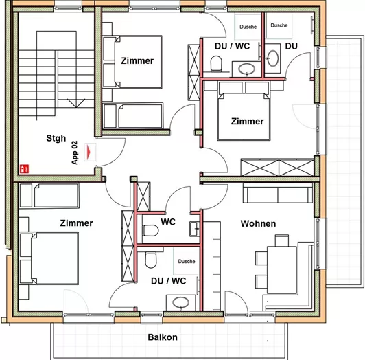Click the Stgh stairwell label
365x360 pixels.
click(56, 137)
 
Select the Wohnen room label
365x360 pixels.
click(258, 224)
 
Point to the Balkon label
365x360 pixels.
click(163, 337)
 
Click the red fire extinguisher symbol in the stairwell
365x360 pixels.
click(23, 167)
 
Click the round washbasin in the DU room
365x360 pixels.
click(272, 57)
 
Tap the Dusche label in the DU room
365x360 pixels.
click(279, 25)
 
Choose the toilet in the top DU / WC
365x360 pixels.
click(217, 65)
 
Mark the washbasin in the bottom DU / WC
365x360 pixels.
click(181, 302)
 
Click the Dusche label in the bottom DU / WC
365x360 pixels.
click(186, 262)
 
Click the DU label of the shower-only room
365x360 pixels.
click(292, 46)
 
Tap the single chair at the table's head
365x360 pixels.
click(281, 240)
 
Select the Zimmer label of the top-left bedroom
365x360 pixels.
click(137, 61)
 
